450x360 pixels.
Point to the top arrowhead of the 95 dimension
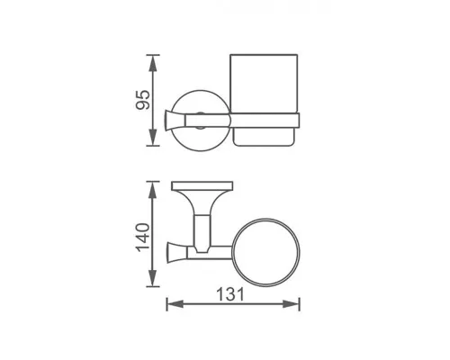(154, 60)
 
